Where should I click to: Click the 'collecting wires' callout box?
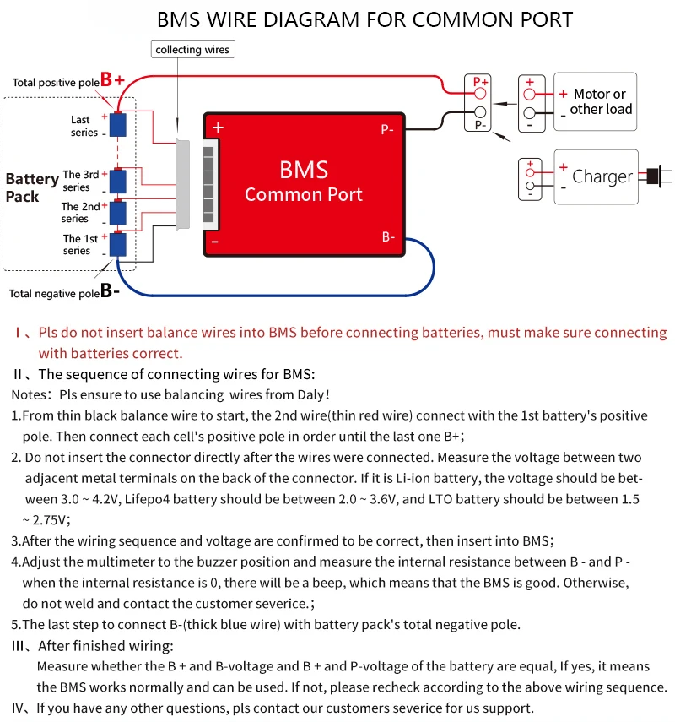[x=192, y=50]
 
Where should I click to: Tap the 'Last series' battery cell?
[x=117, y=125]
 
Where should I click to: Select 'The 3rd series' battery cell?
[x=117, y=181]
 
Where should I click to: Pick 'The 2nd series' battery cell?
[x=117, y=211]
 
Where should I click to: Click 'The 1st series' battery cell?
[x=117, y=244]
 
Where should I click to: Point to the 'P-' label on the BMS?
[x=387, y=130]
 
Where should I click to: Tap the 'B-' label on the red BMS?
[x=388, y=237]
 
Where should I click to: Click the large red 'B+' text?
[x=112, y=80]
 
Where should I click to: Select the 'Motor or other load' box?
[x=595, y=101]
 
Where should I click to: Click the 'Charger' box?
[x=595, y=176]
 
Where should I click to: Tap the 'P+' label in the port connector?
[x=480, y=81]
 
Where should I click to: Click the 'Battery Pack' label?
[x=31, y=187]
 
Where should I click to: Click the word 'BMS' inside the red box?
[x=303, y=170]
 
